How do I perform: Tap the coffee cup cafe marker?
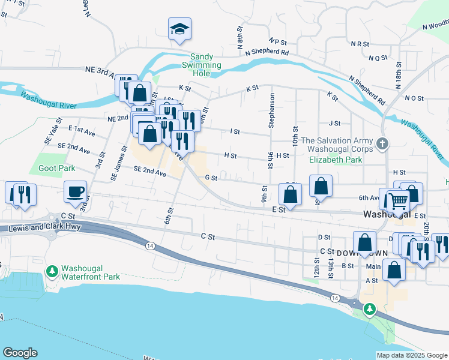point(76,192)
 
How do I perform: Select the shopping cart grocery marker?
point(398,201)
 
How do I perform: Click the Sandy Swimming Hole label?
point(202,61)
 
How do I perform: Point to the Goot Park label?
point(56,169)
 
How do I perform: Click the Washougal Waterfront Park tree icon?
point(53,272)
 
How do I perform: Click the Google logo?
point(20,353)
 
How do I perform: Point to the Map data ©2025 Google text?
point(412,355)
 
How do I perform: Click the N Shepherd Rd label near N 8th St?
point(267,53)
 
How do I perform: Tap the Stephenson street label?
point(272,110)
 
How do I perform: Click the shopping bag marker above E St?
point(291,196)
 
